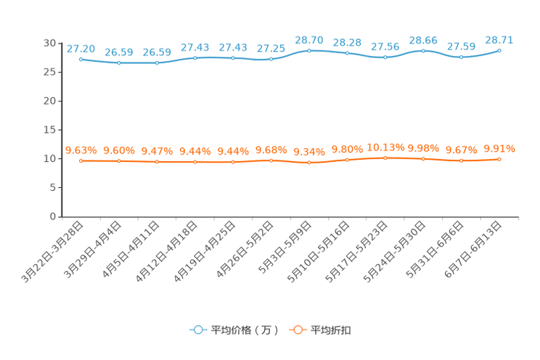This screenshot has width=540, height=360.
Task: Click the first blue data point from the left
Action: pos(81,60)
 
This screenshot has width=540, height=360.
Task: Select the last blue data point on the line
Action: pos(499,51)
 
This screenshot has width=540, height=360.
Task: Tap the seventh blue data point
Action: pos(309,51)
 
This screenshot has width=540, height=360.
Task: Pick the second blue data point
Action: pos(119,63)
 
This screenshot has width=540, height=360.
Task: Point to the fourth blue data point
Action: pos(195,57)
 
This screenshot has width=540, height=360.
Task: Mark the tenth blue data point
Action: pos(423,51)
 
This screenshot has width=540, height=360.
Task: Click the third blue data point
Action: pos(157,63)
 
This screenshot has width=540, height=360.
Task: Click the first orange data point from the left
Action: pos(81,161)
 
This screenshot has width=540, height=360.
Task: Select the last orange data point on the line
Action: pos(499,159)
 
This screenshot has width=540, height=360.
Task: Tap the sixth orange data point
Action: pos(271,160)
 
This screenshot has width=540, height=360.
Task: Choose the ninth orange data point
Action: pos(385,158)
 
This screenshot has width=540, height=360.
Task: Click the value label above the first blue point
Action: pos(81,49)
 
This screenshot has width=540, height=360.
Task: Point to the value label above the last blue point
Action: pos(499,40)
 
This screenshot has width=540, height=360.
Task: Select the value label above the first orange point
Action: pos(81,150)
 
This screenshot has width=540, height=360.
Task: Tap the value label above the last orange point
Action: pos(499,148)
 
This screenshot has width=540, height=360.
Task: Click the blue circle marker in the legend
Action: pos(197,330)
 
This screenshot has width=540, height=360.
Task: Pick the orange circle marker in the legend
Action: pos(297,330)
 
